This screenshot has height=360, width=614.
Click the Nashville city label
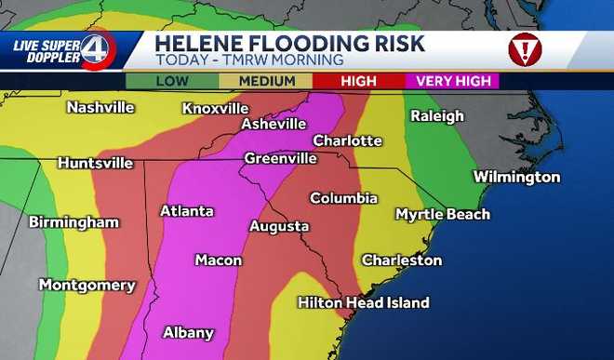(100, 107)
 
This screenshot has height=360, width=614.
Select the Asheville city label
(274, 124)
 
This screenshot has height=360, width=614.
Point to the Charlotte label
(347, 140)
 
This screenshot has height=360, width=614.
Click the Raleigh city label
(437, 116)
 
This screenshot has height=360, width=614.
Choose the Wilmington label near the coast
(516, 177)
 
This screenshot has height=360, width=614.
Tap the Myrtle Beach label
(442, 215)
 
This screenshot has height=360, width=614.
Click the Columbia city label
(343, 198)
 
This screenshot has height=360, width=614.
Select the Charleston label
(401, 260)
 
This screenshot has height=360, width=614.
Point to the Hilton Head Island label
(363, 302)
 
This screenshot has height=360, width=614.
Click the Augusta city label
(279, 226)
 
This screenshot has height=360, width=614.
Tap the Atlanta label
(186, 211)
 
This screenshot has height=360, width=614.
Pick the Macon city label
(218, 260)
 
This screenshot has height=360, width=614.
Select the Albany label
(188, 332)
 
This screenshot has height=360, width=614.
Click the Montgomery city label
(87, 285)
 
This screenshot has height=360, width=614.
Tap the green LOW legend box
(172, 81)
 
